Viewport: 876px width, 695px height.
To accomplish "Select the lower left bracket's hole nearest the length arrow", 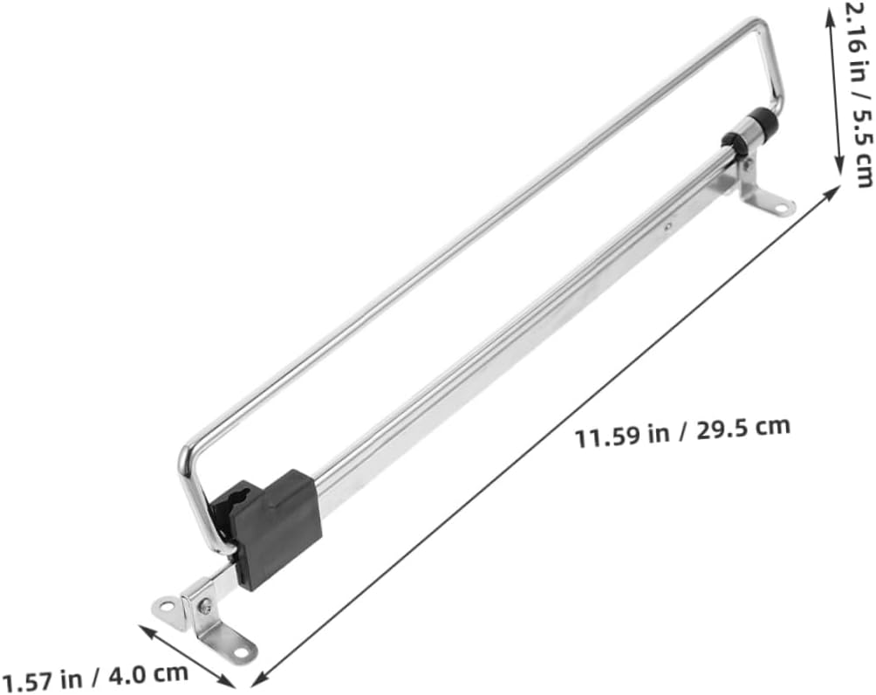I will click(240, 650).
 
